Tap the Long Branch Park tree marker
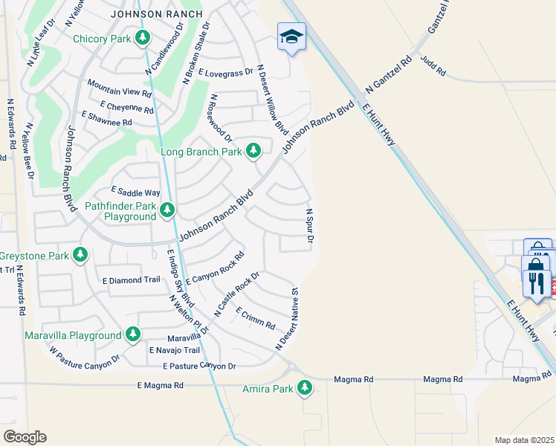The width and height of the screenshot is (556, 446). click(253, 151)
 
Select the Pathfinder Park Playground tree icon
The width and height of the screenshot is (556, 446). click(167, 210)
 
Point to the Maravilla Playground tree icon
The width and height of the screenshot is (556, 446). click(133, 334)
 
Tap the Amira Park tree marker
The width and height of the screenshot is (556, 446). click(304, 387)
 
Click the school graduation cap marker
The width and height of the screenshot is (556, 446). click(291, 36)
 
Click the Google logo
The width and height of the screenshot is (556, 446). click(25, 436)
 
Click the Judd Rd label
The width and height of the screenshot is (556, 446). click(433, 66)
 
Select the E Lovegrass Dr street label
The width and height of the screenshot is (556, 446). click(226, 73)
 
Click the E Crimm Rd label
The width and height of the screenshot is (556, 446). click(256, 318)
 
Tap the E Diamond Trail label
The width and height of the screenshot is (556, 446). click(132, 280)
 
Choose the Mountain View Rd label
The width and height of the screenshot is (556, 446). click(120, 88)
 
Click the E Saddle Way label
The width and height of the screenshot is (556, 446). click(135, 192)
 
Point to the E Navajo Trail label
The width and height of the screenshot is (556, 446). click(175, 350)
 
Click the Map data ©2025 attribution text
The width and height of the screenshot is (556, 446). click(525, 440)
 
